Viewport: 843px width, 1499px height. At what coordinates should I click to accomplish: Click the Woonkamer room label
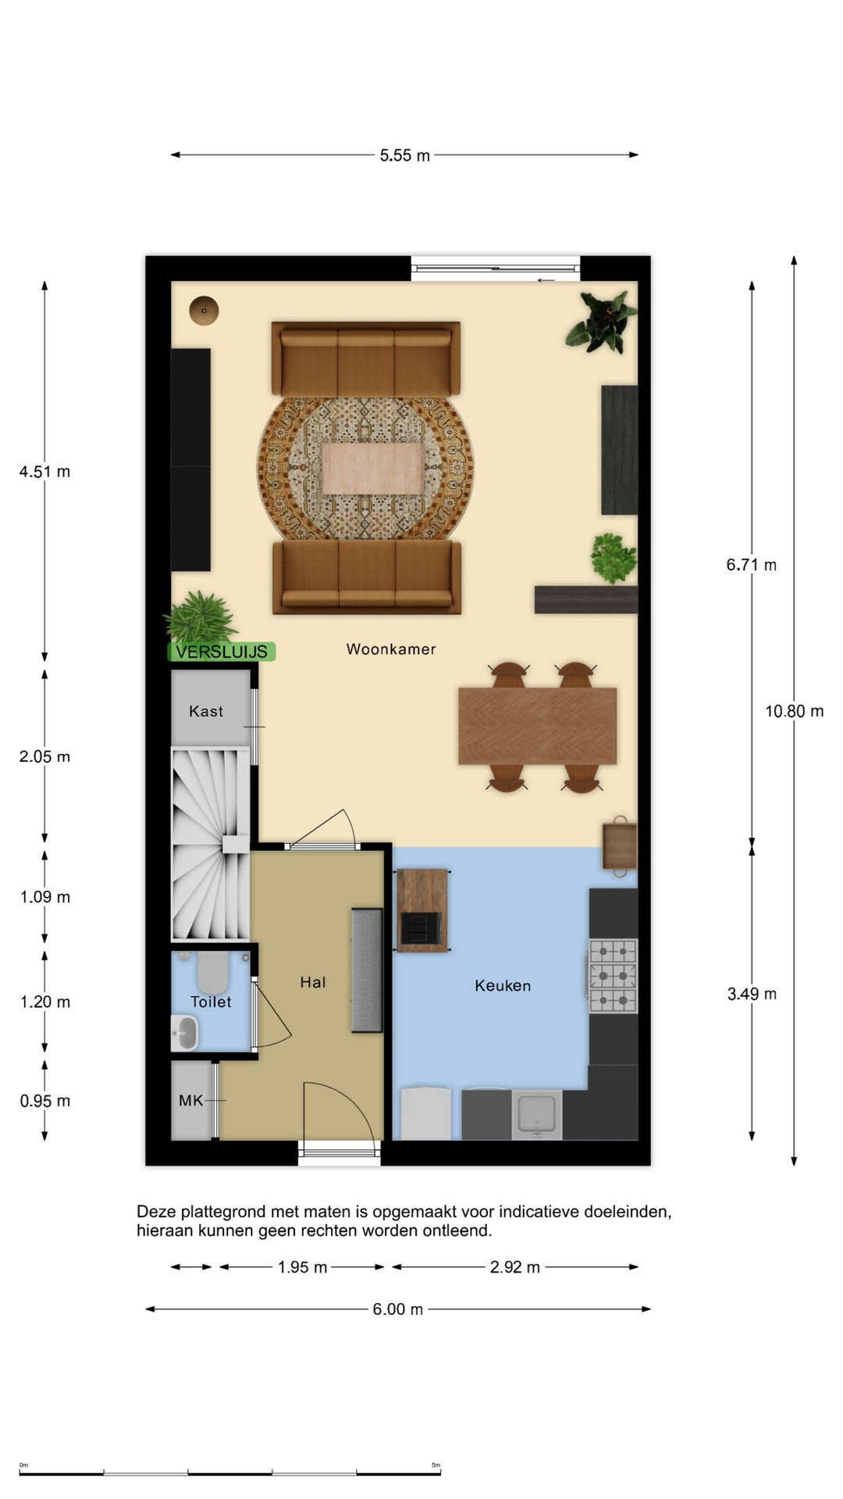point(391,649)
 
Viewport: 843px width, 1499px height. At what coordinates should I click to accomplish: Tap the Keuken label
point(503,986)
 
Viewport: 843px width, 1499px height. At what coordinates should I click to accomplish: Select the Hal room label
point(312,982)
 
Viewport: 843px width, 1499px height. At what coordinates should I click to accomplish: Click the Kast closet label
point(206,711)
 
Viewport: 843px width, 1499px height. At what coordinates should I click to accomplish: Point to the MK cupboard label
point(190,1100)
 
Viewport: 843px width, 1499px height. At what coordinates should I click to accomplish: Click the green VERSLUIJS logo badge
point(222,652)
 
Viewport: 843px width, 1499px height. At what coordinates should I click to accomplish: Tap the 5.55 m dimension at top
point(404,155)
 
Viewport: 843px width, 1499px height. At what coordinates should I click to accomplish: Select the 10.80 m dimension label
point(794,711)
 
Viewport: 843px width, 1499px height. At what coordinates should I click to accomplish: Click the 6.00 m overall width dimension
point(397,1309)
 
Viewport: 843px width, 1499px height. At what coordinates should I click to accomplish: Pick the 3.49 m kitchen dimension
point(752,994)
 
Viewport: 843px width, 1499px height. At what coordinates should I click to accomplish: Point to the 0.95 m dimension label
point(44,1101)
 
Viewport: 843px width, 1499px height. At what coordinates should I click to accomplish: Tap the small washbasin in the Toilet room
point(185,1034)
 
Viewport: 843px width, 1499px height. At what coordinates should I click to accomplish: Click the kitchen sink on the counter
point(537,1115)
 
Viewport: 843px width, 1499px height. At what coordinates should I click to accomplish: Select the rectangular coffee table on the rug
point(373,468)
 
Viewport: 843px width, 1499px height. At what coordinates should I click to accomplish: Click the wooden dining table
point(538,726)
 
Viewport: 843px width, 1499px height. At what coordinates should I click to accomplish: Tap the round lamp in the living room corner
point(204,311)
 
